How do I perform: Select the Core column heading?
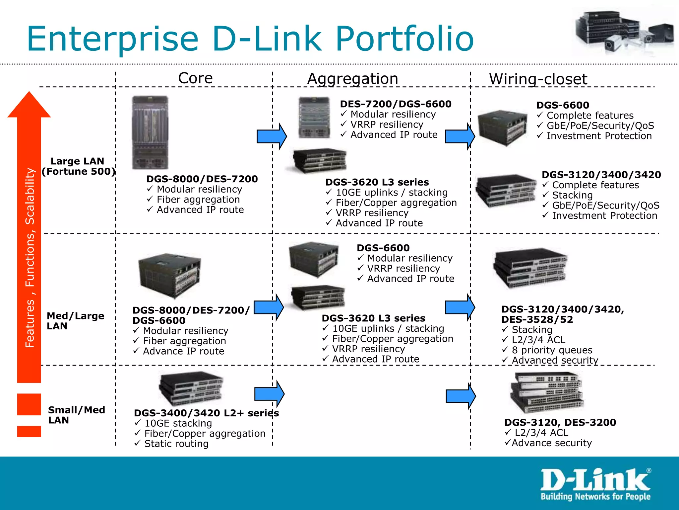195,78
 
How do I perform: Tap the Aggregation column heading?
352,79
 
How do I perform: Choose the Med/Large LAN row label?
75,321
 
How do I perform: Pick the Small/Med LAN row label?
76,415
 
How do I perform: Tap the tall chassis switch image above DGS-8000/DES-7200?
150,133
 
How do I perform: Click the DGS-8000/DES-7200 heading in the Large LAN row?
202,179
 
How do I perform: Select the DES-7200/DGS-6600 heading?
396,104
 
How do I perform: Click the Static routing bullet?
176,444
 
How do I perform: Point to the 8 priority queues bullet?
552,350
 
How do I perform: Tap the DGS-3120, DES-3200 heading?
560,422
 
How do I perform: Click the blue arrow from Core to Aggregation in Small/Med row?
269,394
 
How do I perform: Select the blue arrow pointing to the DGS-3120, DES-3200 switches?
461,396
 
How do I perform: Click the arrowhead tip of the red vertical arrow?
29,95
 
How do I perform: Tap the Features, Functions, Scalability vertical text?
30,257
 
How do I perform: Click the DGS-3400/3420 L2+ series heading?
206,413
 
